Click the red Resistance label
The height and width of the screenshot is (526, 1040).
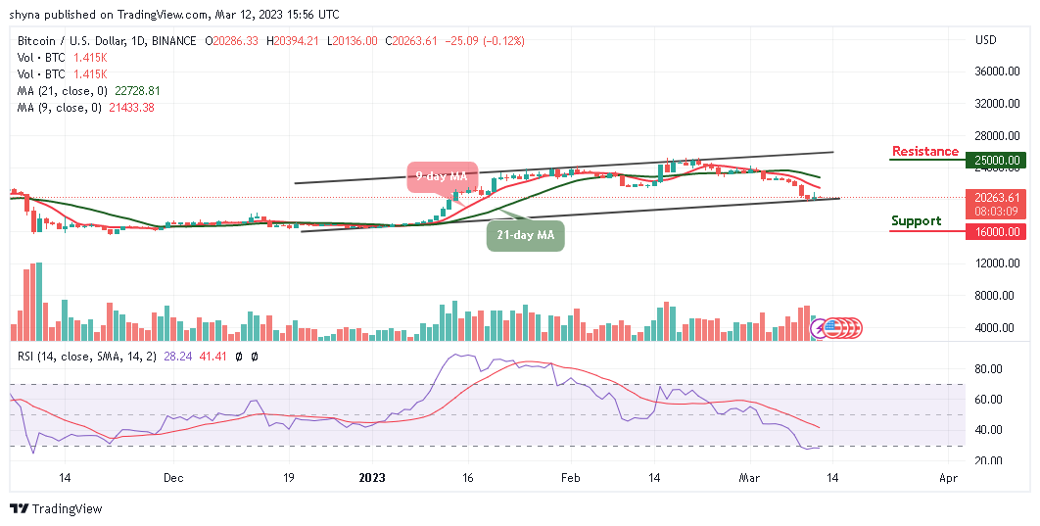[x=924, y=152]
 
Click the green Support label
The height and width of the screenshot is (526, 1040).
[x=916, y=221]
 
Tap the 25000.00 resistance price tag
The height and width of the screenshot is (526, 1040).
[x=998, y=160]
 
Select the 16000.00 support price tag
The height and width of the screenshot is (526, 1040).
[x=998, y=232]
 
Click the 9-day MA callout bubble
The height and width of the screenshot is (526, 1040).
[x=443, y=176]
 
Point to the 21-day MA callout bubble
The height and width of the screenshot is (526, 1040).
[x=526, y=236]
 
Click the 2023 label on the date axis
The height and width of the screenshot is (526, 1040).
[x=372, y=479]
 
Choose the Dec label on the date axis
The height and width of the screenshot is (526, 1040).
[x=172, y=479]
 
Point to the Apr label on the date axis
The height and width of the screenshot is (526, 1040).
[x=947, y=479]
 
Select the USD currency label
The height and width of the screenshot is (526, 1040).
[x=985, y=40]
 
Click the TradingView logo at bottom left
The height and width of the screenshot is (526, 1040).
[x=56, y=509]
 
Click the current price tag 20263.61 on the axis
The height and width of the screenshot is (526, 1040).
[x=998, y=196]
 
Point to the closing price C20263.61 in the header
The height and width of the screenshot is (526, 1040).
[x=411, y=41]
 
